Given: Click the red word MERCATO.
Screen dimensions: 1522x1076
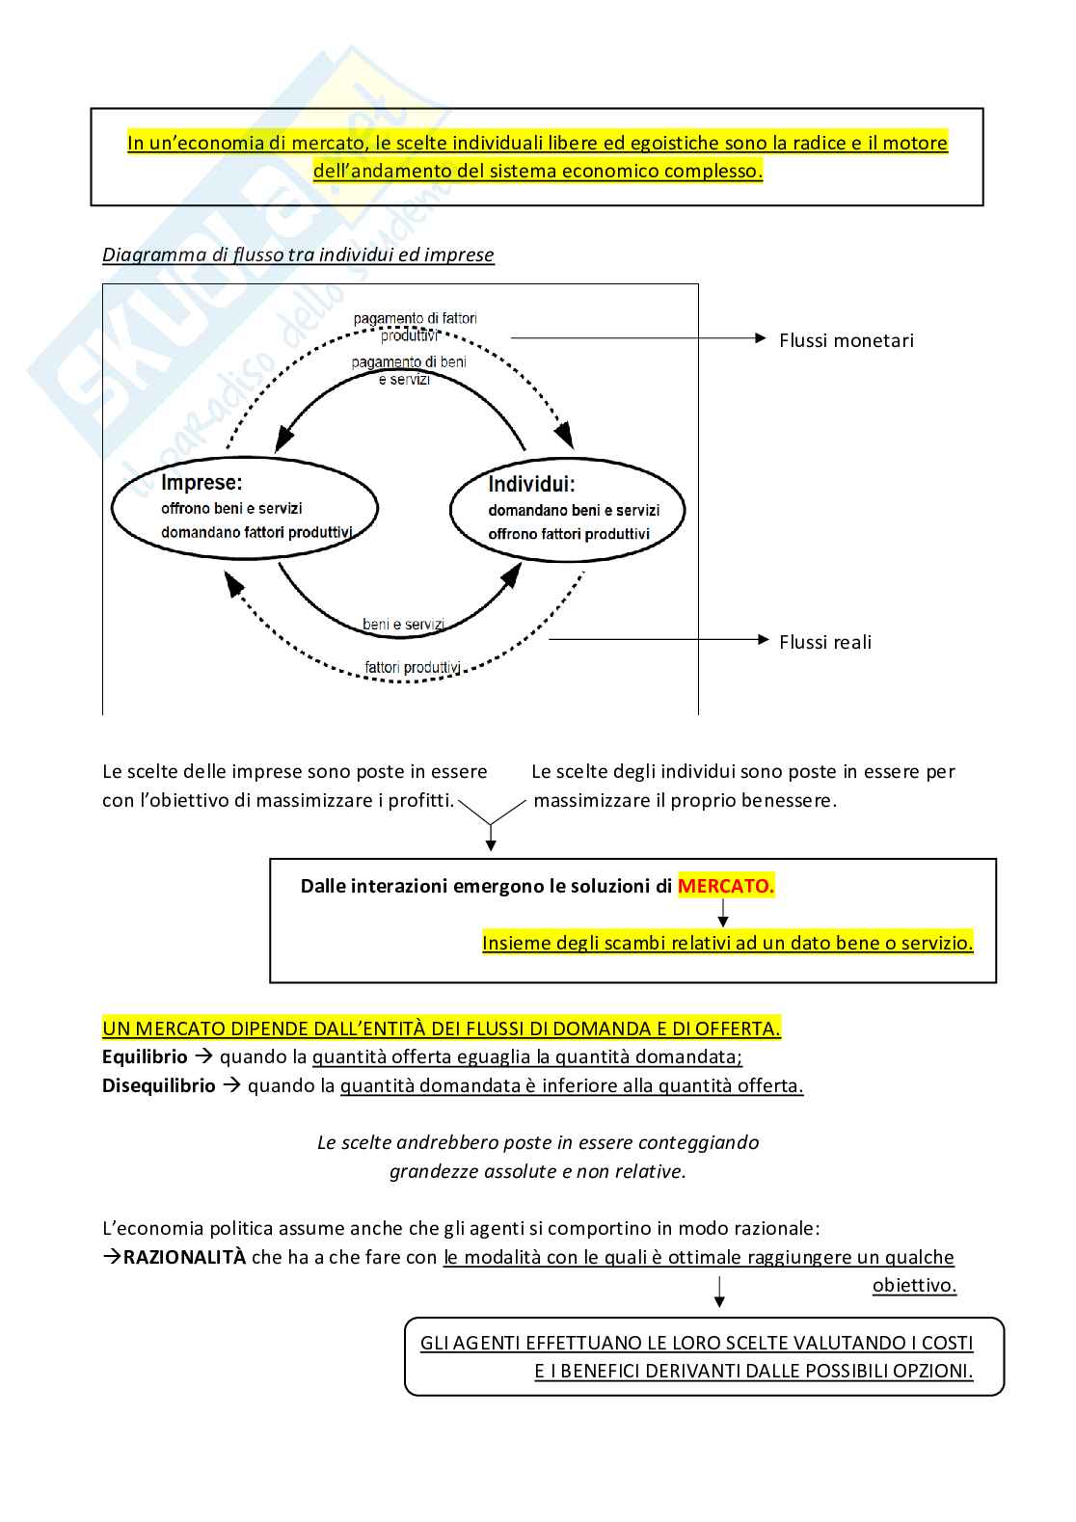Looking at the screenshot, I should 725,886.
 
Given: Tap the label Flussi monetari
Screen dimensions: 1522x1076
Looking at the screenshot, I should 846,340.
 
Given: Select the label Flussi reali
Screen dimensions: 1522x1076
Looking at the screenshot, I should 824,642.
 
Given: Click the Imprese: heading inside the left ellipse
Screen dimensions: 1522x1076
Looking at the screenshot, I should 202,482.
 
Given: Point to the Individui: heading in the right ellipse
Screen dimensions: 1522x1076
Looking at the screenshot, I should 531,484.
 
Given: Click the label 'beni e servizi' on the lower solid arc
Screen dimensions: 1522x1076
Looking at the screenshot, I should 403,625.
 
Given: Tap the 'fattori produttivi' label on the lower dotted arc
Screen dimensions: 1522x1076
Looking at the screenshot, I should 412,667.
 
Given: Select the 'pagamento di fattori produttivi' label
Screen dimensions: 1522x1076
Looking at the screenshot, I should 414,327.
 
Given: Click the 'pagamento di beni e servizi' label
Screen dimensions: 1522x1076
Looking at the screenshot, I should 408,370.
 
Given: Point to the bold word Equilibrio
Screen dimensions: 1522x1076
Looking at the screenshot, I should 145,1057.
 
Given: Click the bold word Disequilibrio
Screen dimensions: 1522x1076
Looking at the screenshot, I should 159,1086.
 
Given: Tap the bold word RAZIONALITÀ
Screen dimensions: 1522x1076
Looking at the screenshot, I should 184,1257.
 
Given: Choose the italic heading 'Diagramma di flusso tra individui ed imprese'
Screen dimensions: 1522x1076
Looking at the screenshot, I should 298,254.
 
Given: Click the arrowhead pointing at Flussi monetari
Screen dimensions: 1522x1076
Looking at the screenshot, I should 761,338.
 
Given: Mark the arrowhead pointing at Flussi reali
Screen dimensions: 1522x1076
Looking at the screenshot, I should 763,639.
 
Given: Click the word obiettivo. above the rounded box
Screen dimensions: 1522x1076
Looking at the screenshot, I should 914,1286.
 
